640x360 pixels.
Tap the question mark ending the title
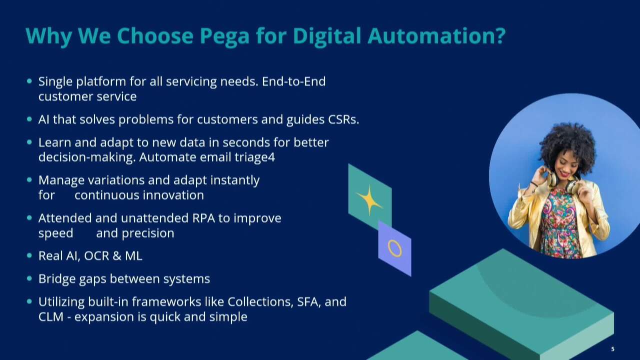499,36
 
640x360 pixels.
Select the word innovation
173,195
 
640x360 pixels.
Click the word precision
148,233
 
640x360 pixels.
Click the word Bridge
57,279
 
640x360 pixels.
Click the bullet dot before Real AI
29,255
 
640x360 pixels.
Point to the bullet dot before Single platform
29,80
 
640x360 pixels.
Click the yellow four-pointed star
369,200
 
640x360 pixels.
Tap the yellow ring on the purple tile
394,248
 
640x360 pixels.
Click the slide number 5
612,349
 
